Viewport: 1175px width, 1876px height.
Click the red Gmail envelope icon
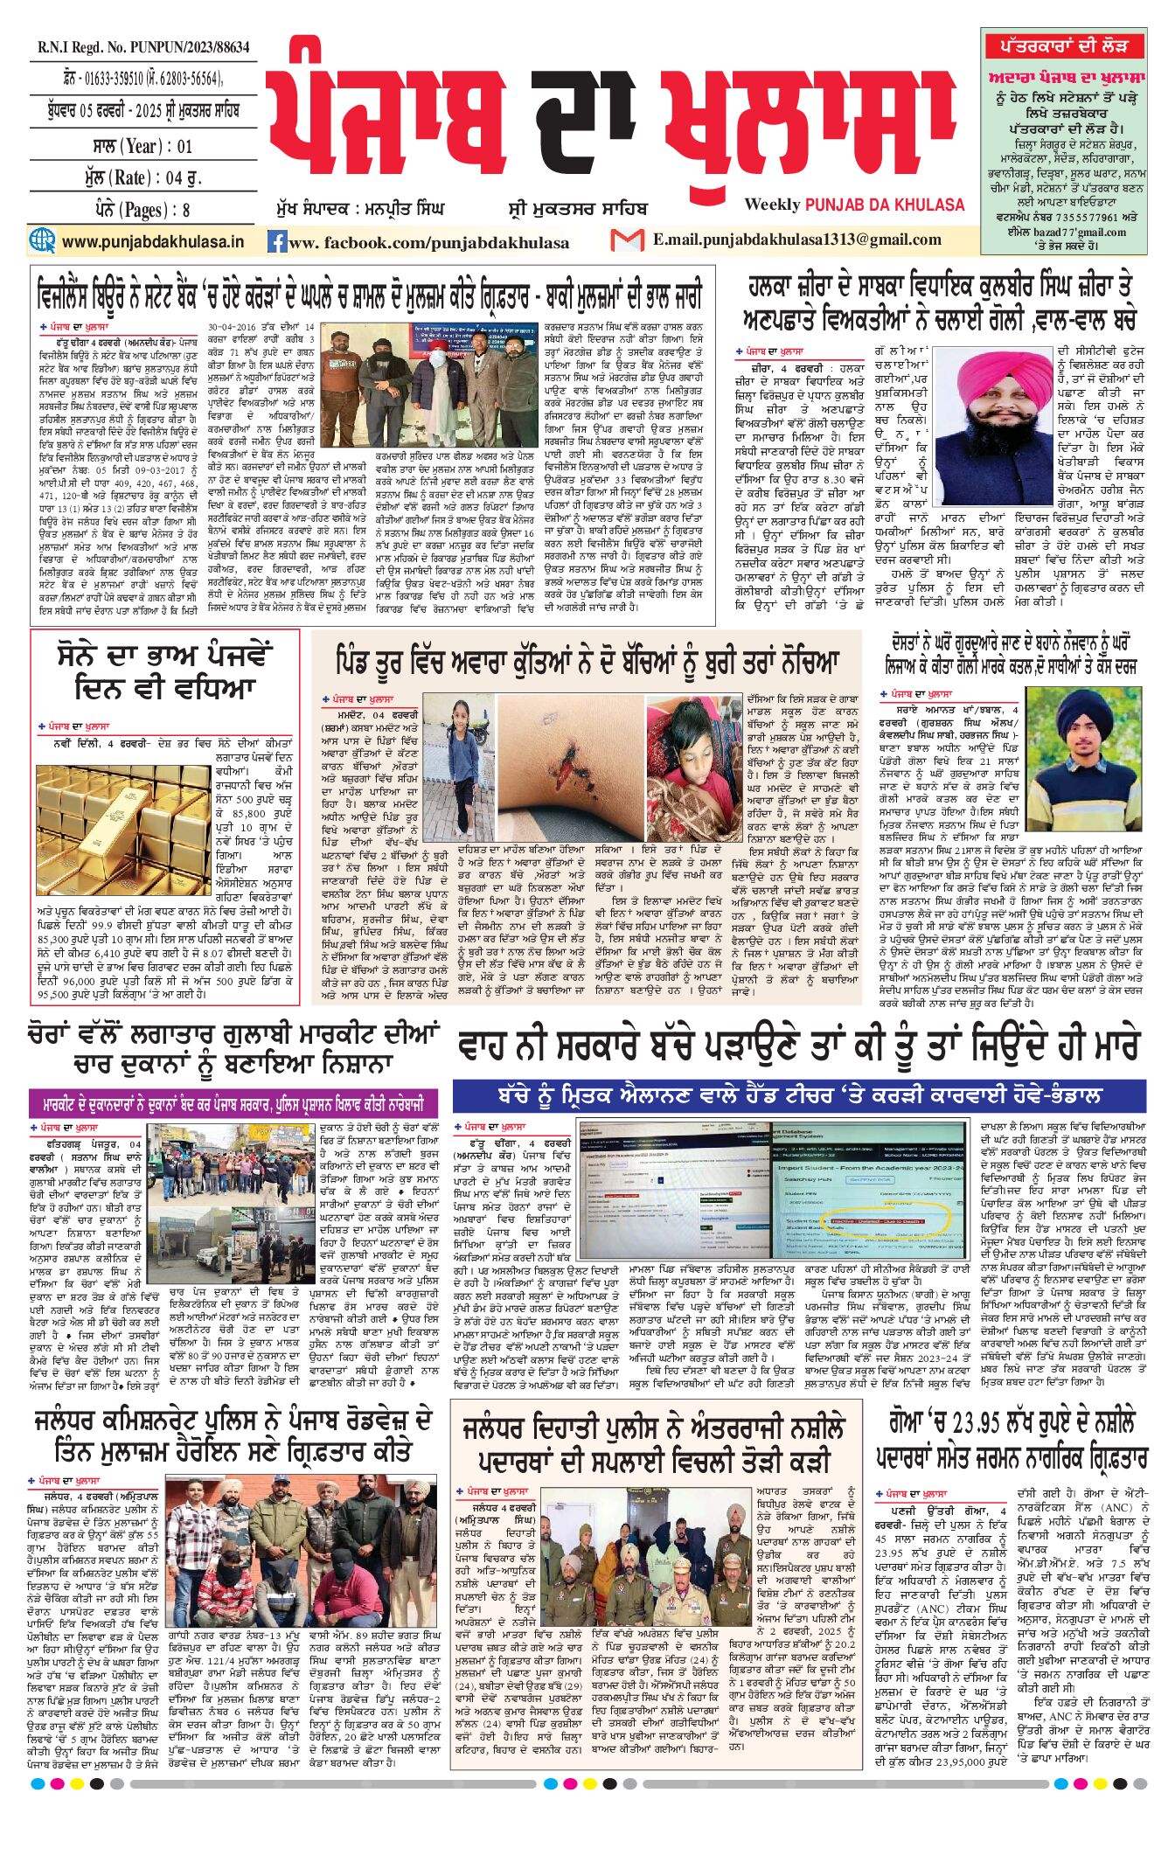tap(627, 240)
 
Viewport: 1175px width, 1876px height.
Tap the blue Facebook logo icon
tap(277, 242)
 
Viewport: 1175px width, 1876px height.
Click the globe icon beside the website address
tap(42, 240)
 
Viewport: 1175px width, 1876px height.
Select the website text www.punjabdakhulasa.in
tap(153, 241)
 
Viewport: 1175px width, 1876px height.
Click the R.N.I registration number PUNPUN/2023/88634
tap(143, 48)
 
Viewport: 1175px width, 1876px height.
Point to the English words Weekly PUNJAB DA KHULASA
tap(854, 205)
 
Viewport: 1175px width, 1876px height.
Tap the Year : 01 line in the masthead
tap(143, 145)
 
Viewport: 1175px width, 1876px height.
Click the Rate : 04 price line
tap(143, 177)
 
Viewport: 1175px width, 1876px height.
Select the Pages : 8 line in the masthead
tap(143, 210)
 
